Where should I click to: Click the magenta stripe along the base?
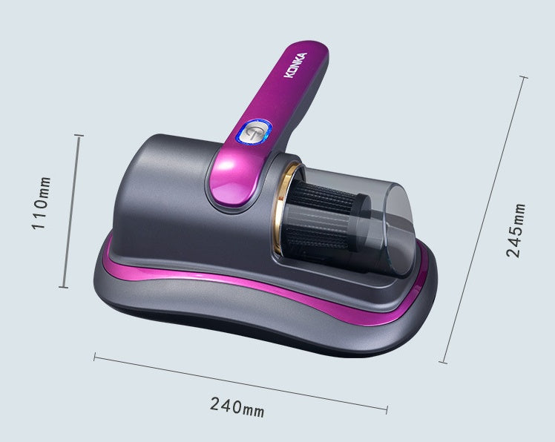tap(245, 288)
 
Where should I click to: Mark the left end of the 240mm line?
tap(95, 357)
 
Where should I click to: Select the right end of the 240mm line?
tap(387, 406)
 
